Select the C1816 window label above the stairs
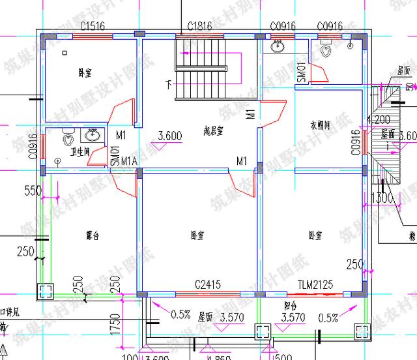[200, 26]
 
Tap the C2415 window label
[208, 285]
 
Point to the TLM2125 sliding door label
[315, 285]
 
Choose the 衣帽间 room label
[321, 125]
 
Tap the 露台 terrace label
[93, 233]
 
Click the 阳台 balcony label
[291, 304]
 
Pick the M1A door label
[129, 161]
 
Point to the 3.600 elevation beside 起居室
[169, 136]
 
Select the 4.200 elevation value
[378, 120]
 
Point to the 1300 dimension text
[381, 198]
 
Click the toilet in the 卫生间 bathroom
[68, 139]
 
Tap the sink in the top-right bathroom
[278, 46]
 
